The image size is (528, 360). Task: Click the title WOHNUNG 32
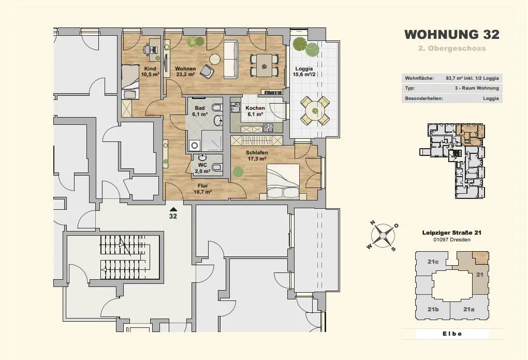point(451,34)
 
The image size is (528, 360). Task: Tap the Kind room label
point(150,71)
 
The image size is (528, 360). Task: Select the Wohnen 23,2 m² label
point(185,71)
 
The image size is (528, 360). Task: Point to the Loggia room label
point(304,71)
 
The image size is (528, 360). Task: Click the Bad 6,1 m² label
point(200,111)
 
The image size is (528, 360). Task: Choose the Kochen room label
point(255,111)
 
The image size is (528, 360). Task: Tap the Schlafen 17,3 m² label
point(257,156)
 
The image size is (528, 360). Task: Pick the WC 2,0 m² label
point(202,168)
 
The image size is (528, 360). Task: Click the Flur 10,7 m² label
point(203,189)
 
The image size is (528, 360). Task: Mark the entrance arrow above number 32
point(173,209)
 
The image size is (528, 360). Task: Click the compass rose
point(383,236)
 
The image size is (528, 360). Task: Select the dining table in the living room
point(265,65)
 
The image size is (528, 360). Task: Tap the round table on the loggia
point(315,111)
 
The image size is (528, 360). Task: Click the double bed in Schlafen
point(283,181)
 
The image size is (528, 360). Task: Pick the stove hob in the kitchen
point(268,128)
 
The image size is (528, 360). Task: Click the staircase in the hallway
point(120,257)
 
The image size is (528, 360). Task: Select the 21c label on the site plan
point(433,262)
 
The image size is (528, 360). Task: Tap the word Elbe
point(452,334)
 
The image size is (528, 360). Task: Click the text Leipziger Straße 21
point(451,233)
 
